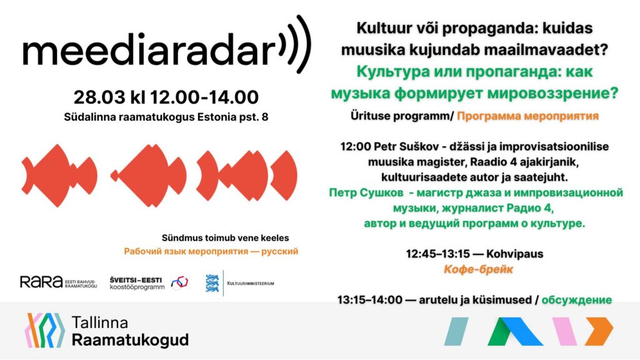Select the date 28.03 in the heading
[x=99, y=97]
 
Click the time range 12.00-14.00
[x=204, y=97]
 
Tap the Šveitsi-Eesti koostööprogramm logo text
[x=137, y=283]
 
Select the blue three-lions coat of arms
[x=212, y=283]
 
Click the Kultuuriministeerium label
[x=251, y=283]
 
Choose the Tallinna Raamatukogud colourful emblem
[x=45, y=330]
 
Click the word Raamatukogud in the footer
[x=130, y=339]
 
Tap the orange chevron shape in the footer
[x=599, y=331]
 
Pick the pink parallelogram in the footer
[x=564, y=331]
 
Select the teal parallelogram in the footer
[x=456, y=331]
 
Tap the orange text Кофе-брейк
[x=478, y=269]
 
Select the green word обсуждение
[x=577, y=300]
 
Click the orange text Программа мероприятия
[x=527, y=116]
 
